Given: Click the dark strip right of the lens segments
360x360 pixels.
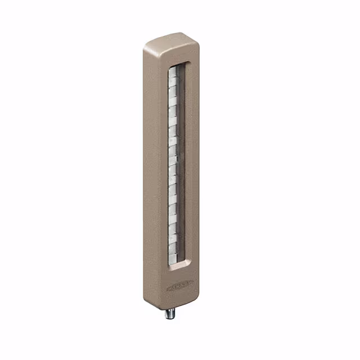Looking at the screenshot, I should click(183, 163).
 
